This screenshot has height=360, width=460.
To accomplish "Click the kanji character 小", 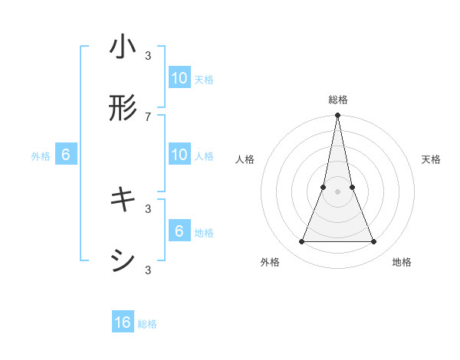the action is (123, 47).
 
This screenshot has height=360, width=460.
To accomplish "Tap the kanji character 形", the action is (123, 109).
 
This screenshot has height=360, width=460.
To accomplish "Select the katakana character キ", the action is (123, 201).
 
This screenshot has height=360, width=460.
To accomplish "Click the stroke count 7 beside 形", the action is (148, 116).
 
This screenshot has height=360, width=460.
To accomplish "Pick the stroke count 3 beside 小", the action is (148, 55).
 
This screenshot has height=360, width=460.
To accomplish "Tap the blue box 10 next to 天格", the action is (179, 78).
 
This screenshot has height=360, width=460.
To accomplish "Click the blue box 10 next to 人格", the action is (179, 155).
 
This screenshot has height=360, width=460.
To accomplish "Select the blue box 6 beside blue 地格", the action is (179, 231).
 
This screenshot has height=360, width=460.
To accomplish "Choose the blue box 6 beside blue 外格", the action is (66, 155).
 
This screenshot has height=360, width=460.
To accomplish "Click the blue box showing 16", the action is (123, 323).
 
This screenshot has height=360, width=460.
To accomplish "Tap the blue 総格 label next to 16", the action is (147, 324).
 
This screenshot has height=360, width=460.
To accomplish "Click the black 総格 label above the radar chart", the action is (337, 100).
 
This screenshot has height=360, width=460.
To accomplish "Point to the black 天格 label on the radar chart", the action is (432, 159).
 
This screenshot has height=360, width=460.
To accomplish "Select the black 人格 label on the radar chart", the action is (245, 159).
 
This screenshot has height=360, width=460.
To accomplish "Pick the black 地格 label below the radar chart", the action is (402, 262).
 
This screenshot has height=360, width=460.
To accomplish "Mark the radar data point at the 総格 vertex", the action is (337, 116).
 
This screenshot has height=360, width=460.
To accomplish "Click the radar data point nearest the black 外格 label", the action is (301, 242).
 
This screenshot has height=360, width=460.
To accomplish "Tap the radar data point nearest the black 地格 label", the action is (374, 242).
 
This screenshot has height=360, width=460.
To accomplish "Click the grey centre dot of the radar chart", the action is (337, 192).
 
